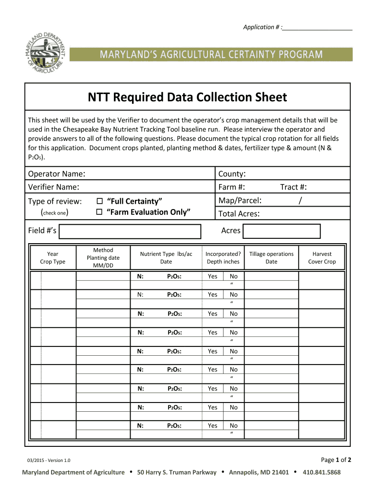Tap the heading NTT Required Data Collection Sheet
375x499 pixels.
[x=187, y=97]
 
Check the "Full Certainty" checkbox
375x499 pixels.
[x=100, y=201]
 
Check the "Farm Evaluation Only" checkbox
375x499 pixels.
[x=100, y=212]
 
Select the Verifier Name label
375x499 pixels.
[x=54, y=187]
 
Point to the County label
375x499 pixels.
[x=231, y=174]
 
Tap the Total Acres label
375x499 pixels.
[x=239, y=213]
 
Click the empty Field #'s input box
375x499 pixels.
[x=130, y=231]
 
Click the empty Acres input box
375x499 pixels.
[x=281, y=231]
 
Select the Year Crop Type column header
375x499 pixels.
[x=52, y=258]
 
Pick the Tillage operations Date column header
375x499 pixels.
[x=271, y=258]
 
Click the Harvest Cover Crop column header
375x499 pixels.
[x=322, y=258]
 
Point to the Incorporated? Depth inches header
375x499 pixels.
[x=223, y=258]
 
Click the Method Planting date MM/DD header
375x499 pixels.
[x=103, y=258]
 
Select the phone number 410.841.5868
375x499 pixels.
[x=321, y=473]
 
